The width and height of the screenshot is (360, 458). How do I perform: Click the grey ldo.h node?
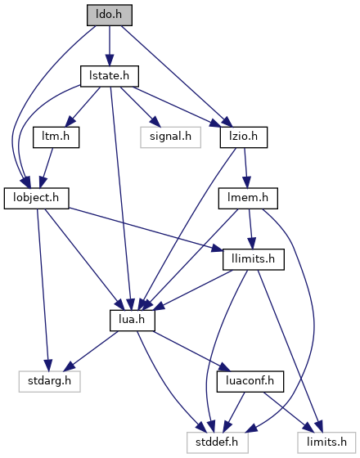(x=110, y=15)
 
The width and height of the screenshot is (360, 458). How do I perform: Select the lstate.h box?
(x=110, y=76)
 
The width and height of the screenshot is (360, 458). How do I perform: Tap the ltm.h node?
(x=56, y=137)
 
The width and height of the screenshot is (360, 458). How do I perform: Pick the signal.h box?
(x=171, y=137)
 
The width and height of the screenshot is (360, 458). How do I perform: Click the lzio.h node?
(x=244, y=137)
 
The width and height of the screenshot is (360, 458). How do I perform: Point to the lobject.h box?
(x=37, y=198)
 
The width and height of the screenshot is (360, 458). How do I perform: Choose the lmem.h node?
(x=248, y=198)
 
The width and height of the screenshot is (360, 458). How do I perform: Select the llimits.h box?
(x=254, y=259)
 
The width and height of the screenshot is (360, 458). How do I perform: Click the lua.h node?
(x=133, y=321)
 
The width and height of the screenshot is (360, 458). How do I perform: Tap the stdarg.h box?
(x=49, y=381)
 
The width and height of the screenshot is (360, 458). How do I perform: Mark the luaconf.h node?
(x=250, y=381)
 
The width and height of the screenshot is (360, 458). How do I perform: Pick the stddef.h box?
(x=218, y=442)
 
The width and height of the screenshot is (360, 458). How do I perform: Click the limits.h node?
(x=326, y=442)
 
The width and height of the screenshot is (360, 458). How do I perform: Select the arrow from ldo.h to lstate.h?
(x=110, y=46)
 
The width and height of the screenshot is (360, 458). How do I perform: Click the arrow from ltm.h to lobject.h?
(x=47, y=168)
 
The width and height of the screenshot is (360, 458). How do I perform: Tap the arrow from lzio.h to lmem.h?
(x=246, y=168)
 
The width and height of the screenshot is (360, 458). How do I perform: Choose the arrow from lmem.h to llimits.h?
(x=250, y=229)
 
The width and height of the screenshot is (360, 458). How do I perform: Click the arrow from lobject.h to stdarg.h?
(x=43, y=290)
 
